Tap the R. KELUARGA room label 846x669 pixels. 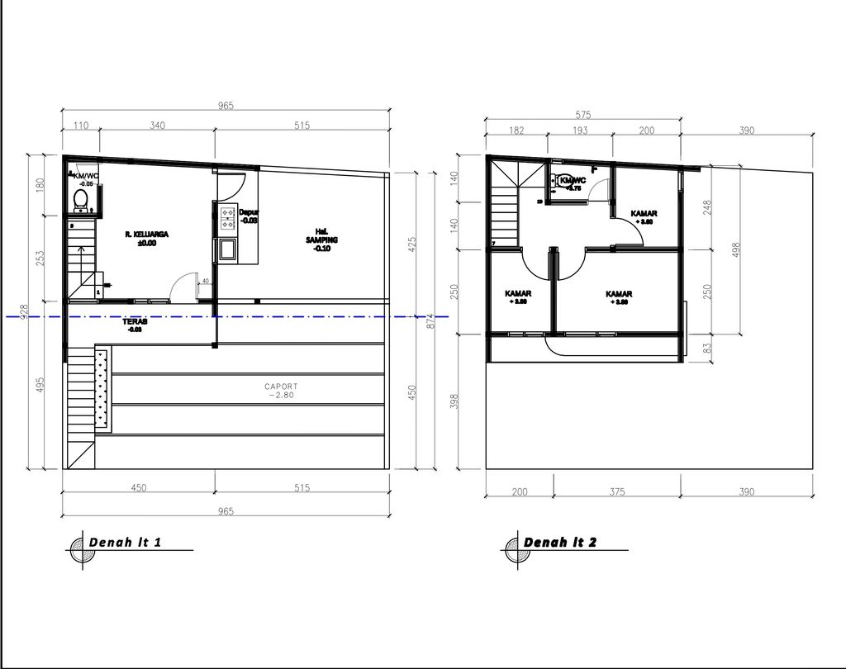click(x=146, y=235)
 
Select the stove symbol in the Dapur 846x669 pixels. click(x=227, y=218)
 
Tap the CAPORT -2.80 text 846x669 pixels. click(x=281, y=390)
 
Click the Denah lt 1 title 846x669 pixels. click(x=126, y=542)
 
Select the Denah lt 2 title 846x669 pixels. click(x=560, y=542)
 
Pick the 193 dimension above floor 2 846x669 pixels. click(x=581, y=130)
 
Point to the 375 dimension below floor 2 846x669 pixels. click(x=616, y=491)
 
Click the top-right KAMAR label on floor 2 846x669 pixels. click(x=644, y=214)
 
